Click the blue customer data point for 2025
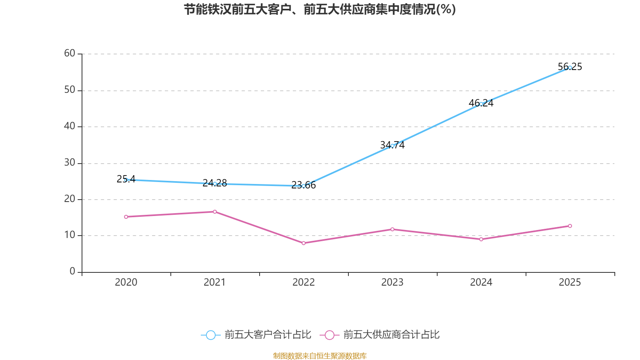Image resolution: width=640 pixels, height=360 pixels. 570,68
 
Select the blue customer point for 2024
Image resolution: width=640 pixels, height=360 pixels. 481,104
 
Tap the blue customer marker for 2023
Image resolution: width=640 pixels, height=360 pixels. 392,146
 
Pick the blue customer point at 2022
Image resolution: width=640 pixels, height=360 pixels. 303,186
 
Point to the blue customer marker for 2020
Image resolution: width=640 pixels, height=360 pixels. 126,180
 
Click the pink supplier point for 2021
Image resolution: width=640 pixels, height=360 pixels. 215,212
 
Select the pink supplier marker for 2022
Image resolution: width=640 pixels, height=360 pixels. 303,243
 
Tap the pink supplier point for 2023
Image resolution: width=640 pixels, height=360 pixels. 392,229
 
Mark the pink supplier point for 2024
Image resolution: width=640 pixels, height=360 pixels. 481,239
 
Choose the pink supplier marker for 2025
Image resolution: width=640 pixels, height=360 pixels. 570,226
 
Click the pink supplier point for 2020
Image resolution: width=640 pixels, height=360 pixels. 126,217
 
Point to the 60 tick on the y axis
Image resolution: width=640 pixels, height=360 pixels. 70,53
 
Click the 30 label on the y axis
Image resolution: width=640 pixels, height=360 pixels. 70,162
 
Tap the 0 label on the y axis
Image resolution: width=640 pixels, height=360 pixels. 72,272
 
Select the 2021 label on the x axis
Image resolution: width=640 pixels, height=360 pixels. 215,282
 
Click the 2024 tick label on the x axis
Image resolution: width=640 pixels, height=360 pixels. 481,282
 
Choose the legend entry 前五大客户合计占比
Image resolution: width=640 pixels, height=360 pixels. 256,335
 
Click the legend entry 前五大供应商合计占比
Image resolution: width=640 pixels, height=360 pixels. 380,335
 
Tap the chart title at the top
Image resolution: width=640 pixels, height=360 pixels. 320,9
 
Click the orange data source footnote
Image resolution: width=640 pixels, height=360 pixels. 320,356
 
